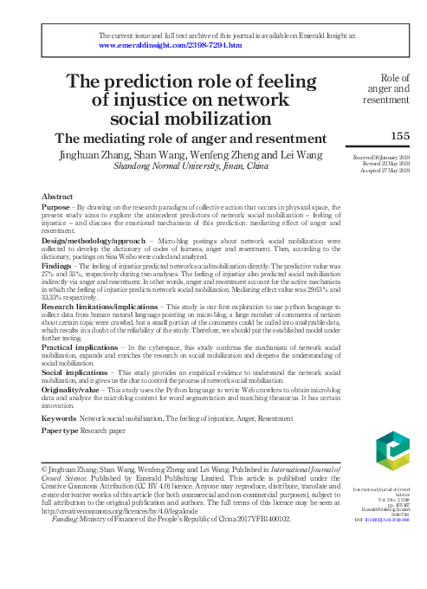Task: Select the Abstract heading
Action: pyautogui.click(x=56, y=197)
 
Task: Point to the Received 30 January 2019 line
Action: pyautogui.click(x=385, y=157)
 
